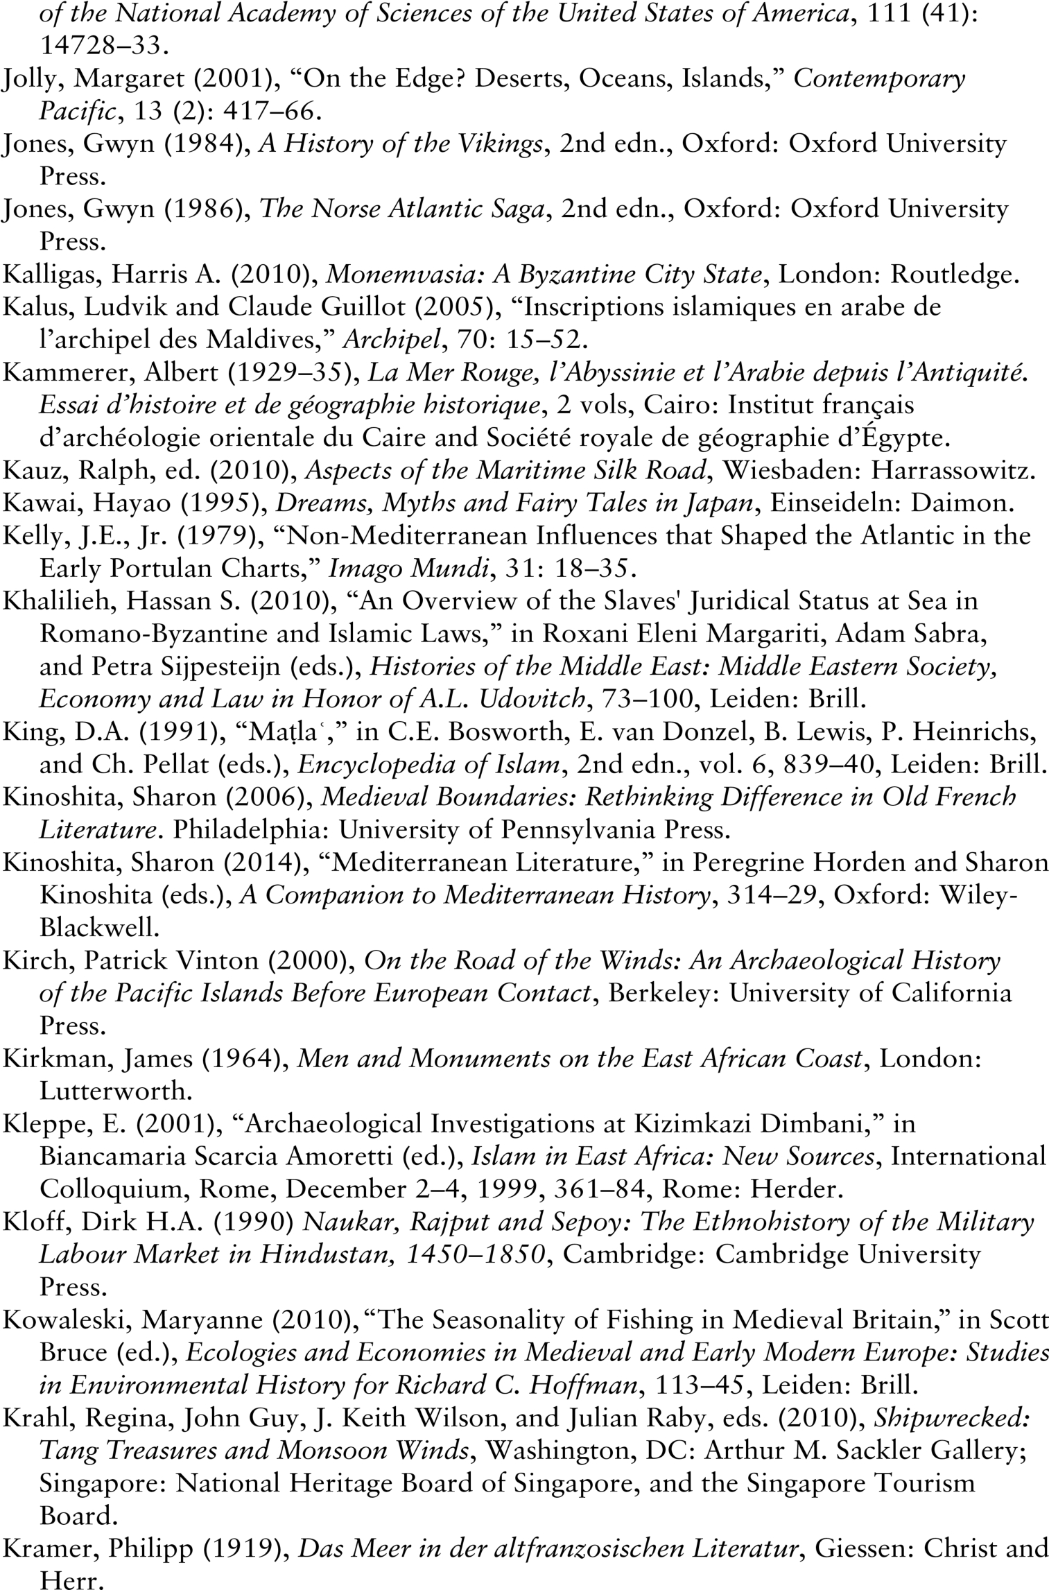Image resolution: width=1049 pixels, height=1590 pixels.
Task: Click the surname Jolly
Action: point(31,79)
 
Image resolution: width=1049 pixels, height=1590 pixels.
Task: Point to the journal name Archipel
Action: point(392,340)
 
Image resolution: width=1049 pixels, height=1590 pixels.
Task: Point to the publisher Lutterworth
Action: point(115,1091)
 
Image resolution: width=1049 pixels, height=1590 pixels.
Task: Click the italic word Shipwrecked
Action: point(951,1419)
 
